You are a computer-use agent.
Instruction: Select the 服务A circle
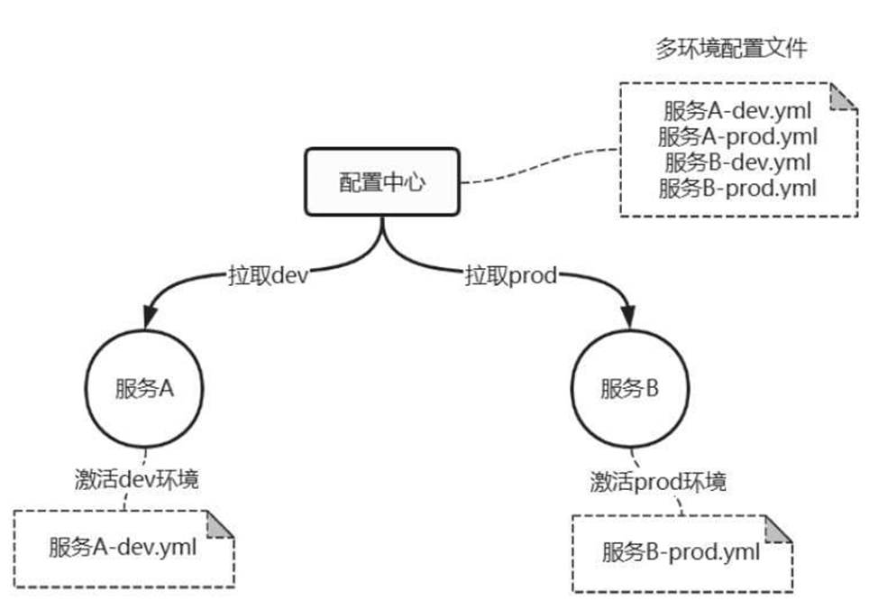click(143, 389)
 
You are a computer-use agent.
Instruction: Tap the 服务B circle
click(630, 389)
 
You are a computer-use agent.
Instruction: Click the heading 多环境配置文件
click(730, 49)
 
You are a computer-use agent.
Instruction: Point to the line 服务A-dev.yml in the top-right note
click(737, 112)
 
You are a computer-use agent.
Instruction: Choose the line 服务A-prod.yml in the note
click(737, 137)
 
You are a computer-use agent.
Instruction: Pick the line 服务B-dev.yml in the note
click(737, 162)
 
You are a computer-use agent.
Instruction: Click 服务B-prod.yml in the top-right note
click(737, 188)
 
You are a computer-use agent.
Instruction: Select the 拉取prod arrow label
click(510, 274)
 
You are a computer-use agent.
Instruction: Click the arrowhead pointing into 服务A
click(150, 317)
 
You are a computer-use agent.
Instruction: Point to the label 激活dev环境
click(136, 478)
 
